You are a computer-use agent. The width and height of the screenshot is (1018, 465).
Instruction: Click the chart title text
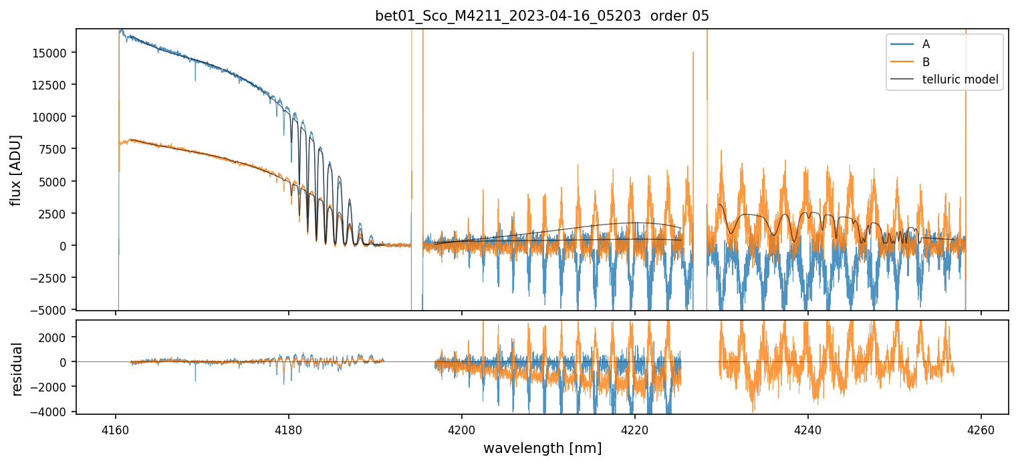541,16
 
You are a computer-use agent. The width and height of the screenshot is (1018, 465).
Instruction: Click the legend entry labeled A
926,44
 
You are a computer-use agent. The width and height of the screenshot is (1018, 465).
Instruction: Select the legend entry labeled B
926,62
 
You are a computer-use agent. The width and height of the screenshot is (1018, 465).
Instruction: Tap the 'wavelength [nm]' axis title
541,448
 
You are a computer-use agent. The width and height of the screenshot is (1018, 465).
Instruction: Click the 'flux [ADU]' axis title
16,170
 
